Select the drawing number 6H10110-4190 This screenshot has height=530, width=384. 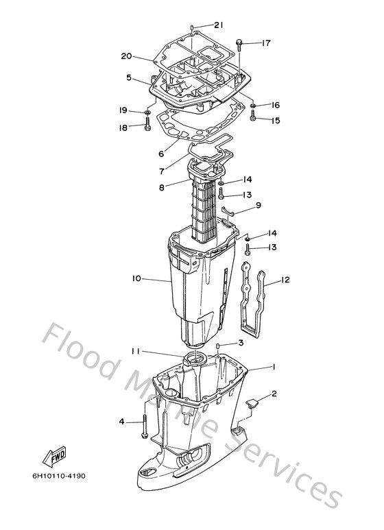(59, 476)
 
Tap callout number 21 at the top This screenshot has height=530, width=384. (219, 25)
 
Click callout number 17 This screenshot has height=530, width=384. (266, 43)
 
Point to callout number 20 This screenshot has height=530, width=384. (126, 56)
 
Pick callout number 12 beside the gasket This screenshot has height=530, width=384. (285, 280)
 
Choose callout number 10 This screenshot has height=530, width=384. (136, 278)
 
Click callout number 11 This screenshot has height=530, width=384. (136, 352)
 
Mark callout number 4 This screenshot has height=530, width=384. (121, 422)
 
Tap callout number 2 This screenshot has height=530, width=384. (274, 394)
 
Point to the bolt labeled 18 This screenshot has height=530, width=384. (147, 123)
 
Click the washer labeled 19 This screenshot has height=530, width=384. (147, 112)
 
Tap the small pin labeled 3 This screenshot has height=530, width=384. (218, 347)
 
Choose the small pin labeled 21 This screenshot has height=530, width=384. (192, 27)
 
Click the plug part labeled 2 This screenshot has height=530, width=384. (251, 403)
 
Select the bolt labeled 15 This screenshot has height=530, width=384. (252, 115)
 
